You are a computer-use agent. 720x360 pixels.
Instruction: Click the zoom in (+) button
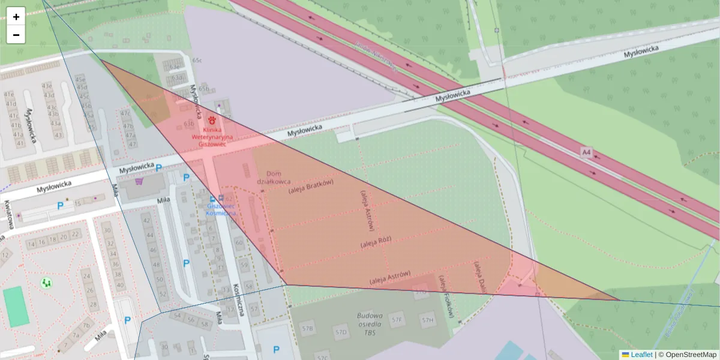point(16,17)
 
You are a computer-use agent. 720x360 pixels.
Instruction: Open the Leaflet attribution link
point(641,355)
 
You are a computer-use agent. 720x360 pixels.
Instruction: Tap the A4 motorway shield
point(586,153)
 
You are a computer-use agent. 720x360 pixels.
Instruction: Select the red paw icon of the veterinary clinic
point(212,120)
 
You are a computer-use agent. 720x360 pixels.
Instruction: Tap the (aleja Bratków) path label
point(310,187)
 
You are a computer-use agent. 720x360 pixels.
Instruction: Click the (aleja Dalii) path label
point(479,277)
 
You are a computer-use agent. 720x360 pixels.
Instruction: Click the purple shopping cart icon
point(139,181)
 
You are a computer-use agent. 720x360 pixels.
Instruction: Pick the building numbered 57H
point(427,320)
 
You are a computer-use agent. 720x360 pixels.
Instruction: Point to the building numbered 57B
point(307,329)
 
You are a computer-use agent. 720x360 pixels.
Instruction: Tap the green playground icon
point(46,282)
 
